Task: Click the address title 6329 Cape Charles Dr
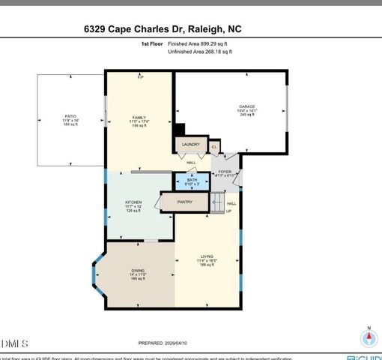[163, 29]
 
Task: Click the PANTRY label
[185, 202]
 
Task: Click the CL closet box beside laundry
[214, 147]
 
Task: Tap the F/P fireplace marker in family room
[139, 76]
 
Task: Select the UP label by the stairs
[228, 211]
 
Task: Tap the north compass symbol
[368, 337]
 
